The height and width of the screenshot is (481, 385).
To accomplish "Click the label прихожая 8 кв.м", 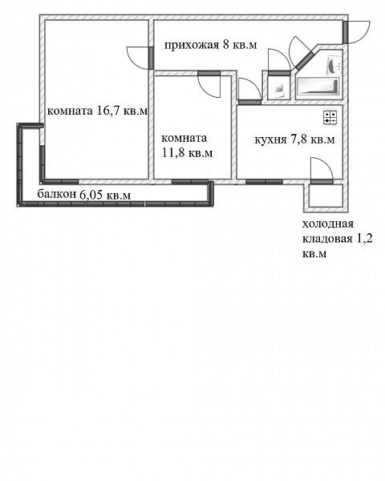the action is pos(211,46).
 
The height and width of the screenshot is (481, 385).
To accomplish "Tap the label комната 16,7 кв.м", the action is pos(97,111).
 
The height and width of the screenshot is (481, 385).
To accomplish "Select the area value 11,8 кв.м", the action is pos(187,152).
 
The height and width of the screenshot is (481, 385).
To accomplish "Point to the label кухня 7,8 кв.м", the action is pos(294,139).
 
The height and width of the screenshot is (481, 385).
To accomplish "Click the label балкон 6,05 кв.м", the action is pos(83,195).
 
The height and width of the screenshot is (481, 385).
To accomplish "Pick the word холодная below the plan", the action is pos(328,224).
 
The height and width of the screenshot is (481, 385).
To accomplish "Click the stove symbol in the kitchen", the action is pos(330,117).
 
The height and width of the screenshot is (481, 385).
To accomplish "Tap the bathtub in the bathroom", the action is pos(318,86).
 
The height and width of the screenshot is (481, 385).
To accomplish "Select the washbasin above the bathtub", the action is pos(334,65).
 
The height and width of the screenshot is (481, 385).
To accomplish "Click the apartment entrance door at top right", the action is pos(346,32).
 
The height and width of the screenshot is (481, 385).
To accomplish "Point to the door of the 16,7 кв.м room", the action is pos(151,58).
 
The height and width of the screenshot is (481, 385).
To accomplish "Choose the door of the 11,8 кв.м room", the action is pos(209,73).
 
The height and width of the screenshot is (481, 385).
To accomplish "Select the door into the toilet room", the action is pos(279,73).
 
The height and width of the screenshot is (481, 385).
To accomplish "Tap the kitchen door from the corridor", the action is pos(250,102).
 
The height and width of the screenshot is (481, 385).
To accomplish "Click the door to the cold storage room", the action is pos(322,182).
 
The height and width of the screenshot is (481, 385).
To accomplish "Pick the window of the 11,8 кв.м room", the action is pos(190,182).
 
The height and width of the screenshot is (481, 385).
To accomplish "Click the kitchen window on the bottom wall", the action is pos(265,182).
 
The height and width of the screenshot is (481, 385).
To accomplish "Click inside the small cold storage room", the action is pos(326,196).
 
